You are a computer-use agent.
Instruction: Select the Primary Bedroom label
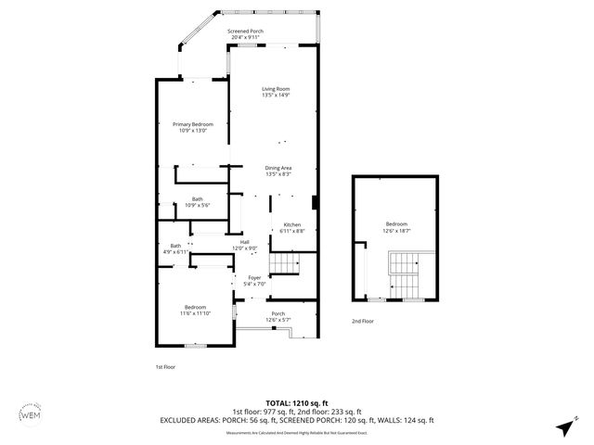coord(193,127)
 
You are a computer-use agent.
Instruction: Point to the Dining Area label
coord(278,171)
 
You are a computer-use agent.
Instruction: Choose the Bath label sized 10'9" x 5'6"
coord(198,201)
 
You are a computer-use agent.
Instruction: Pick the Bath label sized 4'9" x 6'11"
coord(175,248)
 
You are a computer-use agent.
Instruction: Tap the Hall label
coord(245,245)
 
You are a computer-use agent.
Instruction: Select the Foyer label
coord(253,280)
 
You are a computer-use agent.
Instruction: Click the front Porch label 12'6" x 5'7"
coord(278,316)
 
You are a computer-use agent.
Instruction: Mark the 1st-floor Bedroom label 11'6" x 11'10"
coord(195,311)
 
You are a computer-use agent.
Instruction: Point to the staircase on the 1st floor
coord(283,267)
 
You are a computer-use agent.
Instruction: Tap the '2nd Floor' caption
coord(363,321)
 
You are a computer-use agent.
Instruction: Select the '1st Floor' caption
coord(164,367)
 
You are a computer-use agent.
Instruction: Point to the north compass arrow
coord(565,426)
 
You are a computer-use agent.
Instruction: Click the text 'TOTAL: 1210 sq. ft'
coord(297,404)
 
